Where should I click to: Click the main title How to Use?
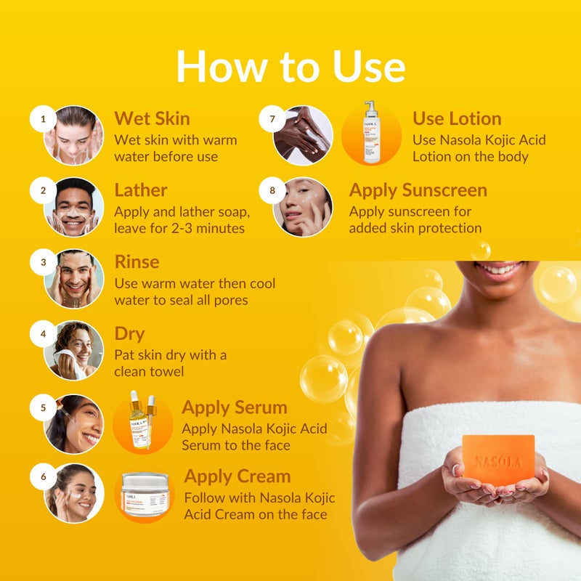[290, 66]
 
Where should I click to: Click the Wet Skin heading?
[152, 118]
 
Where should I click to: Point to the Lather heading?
[141, 190]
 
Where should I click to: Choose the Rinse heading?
[137, 261]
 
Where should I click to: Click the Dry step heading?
[129, 334]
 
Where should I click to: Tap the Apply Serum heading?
[234, 407]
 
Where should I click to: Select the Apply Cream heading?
[237, 476]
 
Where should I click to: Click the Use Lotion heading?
[457, 118]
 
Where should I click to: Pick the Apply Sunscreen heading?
[418, 190]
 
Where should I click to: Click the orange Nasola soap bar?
[498, 460]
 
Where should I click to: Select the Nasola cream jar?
[145, 494]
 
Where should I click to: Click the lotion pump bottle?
[372, 132]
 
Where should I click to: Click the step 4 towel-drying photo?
[73, 351]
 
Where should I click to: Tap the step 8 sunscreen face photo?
[304, 207]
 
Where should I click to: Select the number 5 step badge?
[43, 408]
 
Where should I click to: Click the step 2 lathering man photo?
[73, 208]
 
